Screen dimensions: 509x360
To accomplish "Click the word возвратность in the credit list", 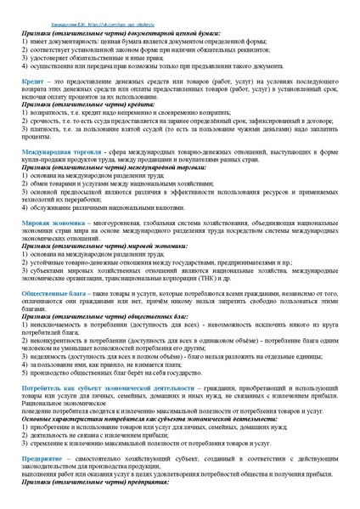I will [x=51, y=111].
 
